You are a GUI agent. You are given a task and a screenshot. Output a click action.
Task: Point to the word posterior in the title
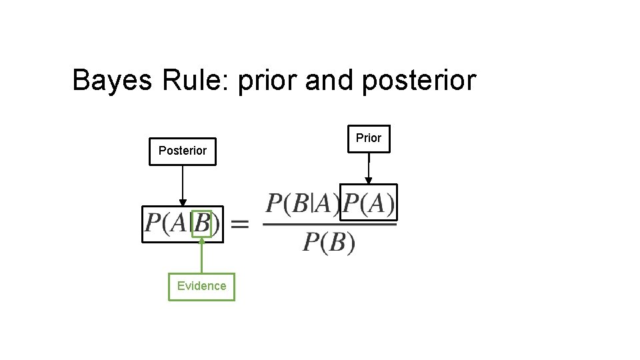[420, 81]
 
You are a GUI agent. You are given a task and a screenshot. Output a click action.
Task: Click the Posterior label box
[182, 151]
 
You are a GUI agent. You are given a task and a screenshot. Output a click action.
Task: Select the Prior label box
[369, 138]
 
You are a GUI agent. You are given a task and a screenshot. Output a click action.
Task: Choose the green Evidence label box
[201, 286]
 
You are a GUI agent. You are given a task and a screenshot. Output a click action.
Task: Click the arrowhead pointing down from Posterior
[183, 203]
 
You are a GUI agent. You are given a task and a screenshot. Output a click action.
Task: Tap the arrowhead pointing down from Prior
[368, 181]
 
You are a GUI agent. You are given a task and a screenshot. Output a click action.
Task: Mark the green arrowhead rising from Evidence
[202, 241]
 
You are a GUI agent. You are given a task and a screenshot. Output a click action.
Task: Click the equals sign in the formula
[239, 224]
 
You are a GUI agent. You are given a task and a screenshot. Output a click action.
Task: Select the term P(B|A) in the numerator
[302, 204]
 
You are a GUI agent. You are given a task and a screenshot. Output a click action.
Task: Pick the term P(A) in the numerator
[369, 203]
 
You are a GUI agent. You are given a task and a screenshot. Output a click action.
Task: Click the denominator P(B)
[329, 242]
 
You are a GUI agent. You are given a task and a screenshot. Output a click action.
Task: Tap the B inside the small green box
[202, 224]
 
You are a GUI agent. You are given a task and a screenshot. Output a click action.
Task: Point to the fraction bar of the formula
[329, 223]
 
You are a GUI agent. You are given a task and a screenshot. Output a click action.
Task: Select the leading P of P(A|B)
[153, 223]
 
